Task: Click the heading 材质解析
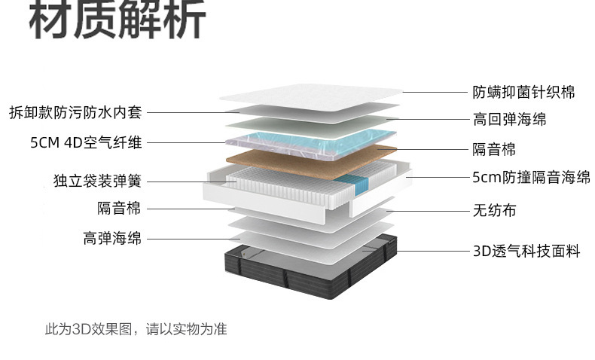click(x=117, y=20)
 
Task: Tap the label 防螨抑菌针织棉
click(x=523, y=92)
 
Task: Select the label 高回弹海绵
click(x=509, y=119)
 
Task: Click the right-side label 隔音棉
click(x=494, y=149)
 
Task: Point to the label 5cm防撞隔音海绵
click(x=531, y=178)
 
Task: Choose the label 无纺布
click(x=494, y=210)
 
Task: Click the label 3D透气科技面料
click(x=526, y=252)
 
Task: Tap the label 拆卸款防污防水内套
click(x=75, y=113)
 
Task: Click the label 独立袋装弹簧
click(x=97, y=181)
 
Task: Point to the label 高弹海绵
click(x=112, y=239)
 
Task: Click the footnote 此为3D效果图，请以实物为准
click(x=136, y=329)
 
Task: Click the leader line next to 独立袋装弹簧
click(x=185, y=182)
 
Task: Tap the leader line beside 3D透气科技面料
click(x=433, y=252)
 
